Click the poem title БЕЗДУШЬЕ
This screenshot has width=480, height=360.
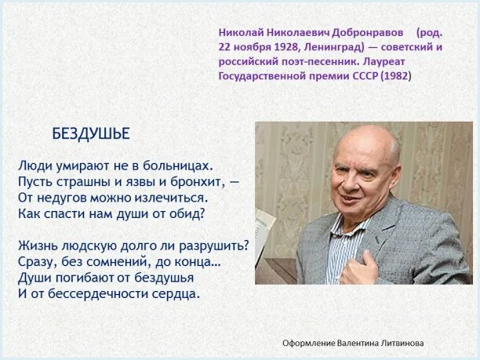point(91,133)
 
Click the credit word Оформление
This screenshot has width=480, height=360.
point(311,343)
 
